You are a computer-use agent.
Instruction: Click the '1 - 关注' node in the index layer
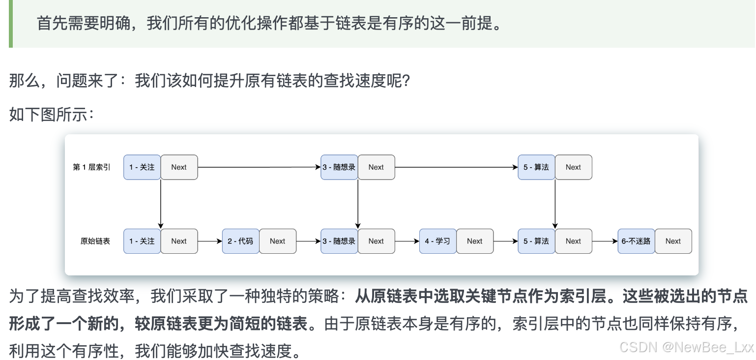tap(142, 167)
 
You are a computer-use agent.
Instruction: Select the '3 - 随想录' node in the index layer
tap(339, 167)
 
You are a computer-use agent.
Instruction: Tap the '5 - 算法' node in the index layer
tap(536, 167)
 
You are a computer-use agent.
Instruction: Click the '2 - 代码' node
tap(240, 241)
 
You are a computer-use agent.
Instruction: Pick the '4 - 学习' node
tap(437, 241)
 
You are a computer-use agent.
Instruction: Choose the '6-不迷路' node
tap(636, 241)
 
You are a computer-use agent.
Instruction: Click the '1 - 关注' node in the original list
tap(142, 241)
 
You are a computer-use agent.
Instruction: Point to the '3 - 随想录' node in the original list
tap(339, 241)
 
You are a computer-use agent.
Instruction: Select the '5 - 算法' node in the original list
tap(536, 241)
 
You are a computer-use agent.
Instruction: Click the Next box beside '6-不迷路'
tap(673, 241)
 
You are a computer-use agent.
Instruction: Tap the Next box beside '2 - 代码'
tap(278, 241)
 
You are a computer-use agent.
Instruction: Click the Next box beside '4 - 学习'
tap(475, 241)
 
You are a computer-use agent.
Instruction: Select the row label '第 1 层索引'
tap(91, 167)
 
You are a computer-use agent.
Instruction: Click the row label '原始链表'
tap(95, 241)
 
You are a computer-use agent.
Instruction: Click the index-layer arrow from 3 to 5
tap(456, 167)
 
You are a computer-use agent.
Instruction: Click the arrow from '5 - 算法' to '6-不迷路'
tap(605, 241)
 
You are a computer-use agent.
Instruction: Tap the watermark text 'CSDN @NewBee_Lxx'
tap(686, 347)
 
